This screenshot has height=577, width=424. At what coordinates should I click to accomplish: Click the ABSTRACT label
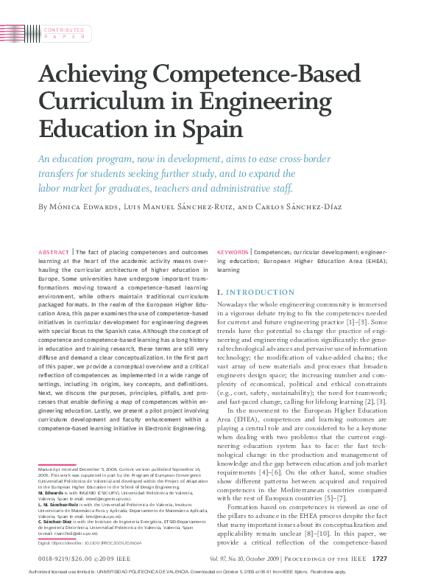(53, 252)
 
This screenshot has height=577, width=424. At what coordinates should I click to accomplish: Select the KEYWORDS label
(233, 252)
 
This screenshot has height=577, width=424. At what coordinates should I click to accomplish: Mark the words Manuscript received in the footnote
(58, 468)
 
